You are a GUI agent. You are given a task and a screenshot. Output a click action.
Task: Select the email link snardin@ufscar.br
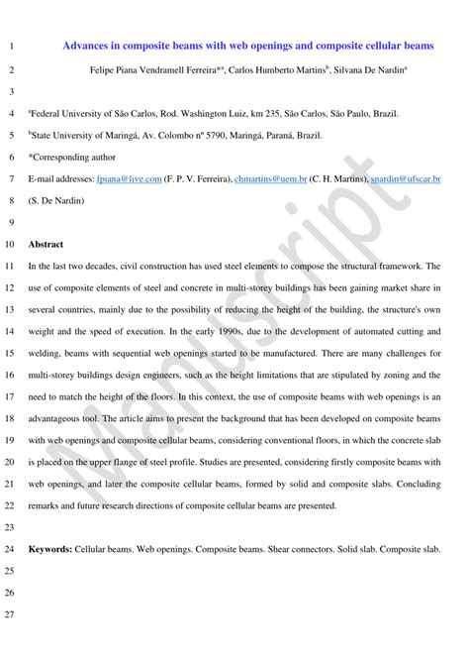[x=405, y=178]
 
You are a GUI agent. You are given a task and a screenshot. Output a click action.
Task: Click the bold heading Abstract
[x=47, y=244]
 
